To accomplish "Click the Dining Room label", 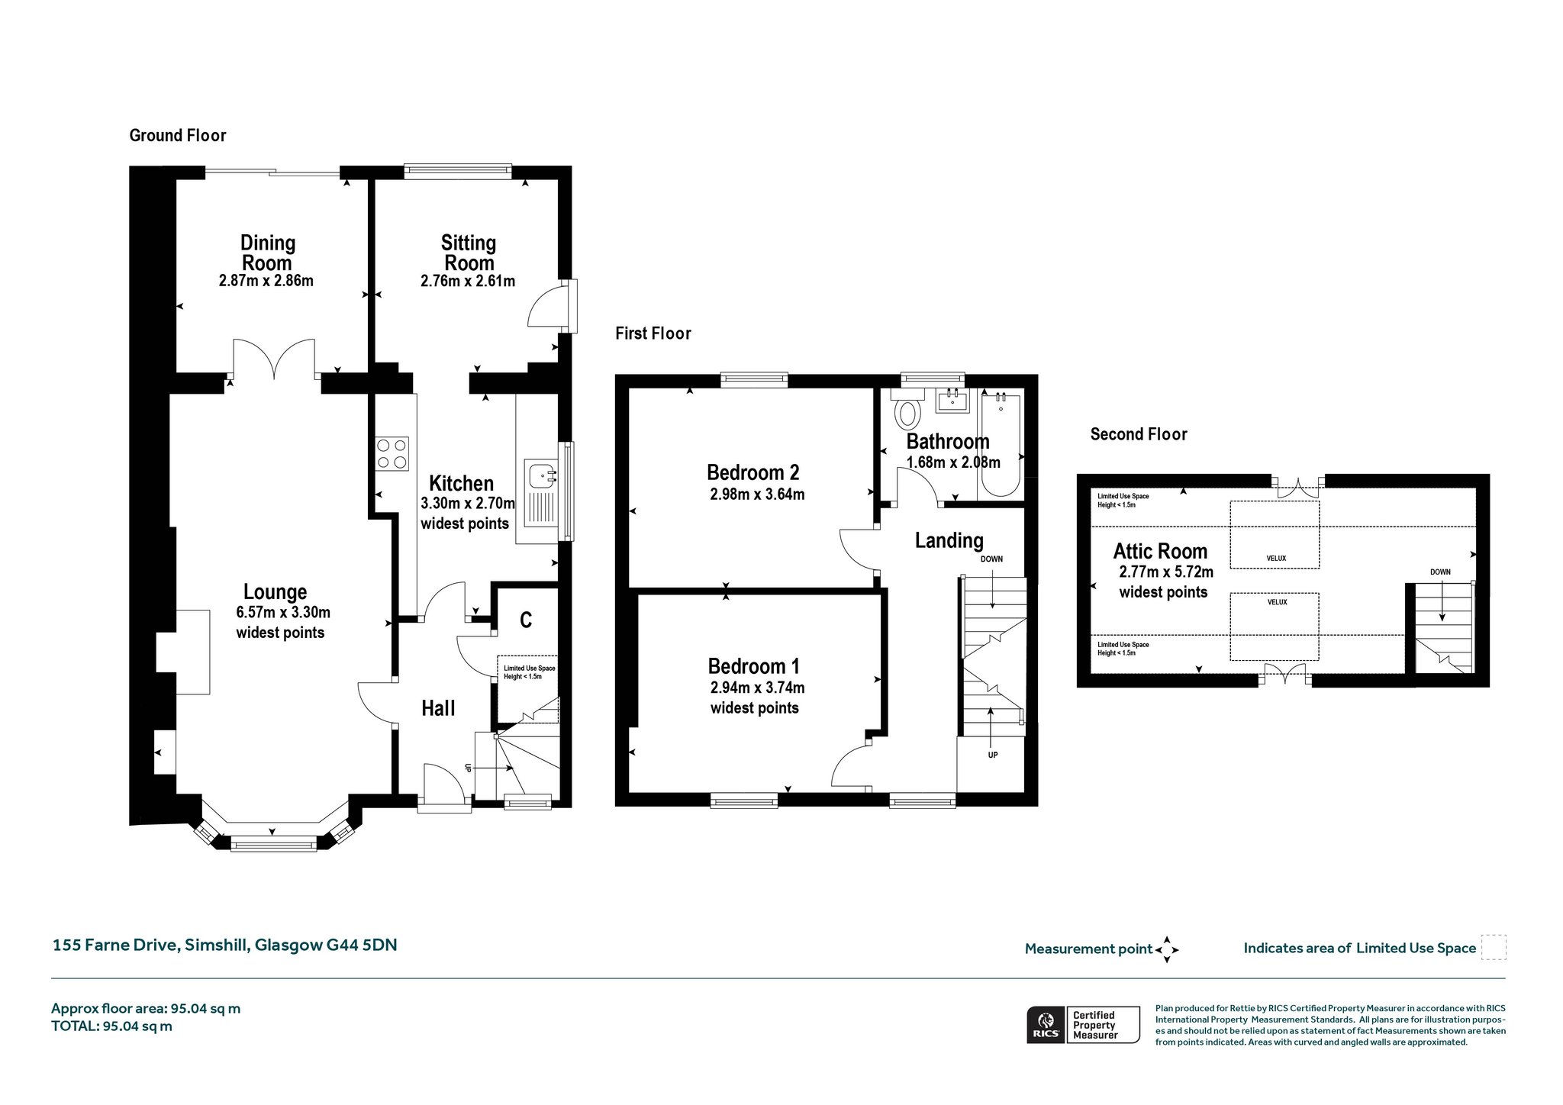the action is click(267, 253).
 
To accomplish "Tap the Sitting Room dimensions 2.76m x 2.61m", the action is click(468, 281).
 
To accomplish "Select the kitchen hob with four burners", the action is click(392, 453).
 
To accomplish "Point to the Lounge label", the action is click(275, 591).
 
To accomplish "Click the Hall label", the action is click(438, 708).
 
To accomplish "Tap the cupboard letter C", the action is click(526, 620).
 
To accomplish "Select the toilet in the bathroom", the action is click(907, 410).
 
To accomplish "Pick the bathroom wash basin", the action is click(952, 400).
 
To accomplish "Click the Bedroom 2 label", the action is click(752, 472).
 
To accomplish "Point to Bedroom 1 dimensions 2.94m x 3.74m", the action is click(757, 688).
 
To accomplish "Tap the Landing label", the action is click(949, 540).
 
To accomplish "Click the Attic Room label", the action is click(1160, 551).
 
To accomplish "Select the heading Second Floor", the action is click(1139, 434).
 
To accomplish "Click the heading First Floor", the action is click(653, 333).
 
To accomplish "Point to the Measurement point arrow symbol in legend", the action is click(1167, 950).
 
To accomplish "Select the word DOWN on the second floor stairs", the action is click(1440, 572).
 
